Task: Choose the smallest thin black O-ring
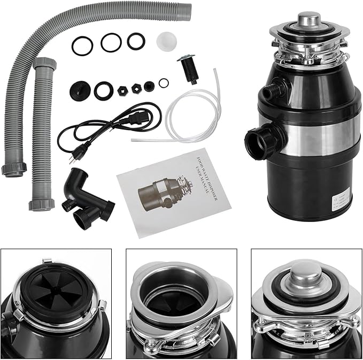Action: pyautogui.click(x=164, y=82)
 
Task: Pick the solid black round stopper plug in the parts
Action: pyautogui.click(x=78, y=88)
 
